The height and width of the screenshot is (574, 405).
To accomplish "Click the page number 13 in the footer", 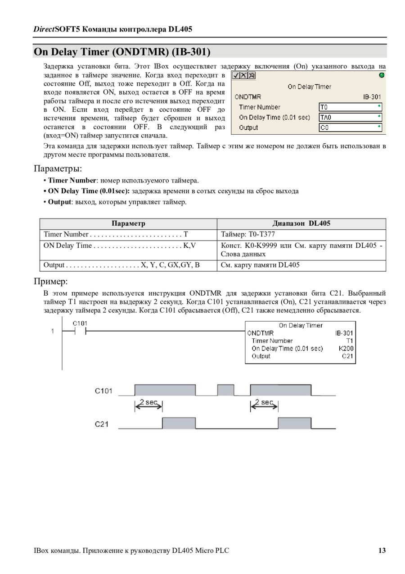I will tap(382, 550).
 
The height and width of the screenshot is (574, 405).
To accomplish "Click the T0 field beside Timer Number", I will tap(350, 107).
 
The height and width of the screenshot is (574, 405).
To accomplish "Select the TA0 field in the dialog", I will tap(350, 117).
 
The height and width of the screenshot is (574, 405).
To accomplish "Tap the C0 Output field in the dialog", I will tap(350, 128).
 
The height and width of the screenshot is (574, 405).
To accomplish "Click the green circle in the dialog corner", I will tap(382, 75).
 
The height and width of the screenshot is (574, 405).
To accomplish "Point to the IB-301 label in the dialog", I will tap(372, 97).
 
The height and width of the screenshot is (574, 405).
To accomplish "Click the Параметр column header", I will tap(128, 223).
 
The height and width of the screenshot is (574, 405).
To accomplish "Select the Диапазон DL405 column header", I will tap(301, 223).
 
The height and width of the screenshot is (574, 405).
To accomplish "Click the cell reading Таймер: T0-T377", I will tap(248, 234).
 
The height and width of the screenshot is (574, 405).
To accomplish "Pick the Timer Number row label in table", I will tap(66, 234).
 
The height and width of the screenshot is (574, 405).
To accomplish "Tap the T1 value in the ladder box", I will tap(350, 341).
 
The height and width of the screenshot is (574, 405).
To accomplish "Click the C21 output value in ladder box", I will tap(347, 356).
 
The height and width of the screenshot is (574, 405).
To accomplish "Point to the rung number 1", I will tap(53, 332).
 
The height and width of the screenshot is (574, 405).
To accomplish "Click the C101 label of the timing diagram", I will tap(103, 391).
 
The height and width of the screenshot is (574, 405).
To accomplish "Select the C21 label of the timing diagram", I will tap(102, 424).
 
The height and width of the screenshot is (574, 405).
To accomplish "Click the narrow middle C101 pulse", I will tap(225, 390).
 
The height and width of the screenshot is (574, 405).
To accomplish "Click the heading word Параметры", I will tap(58, 169).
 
